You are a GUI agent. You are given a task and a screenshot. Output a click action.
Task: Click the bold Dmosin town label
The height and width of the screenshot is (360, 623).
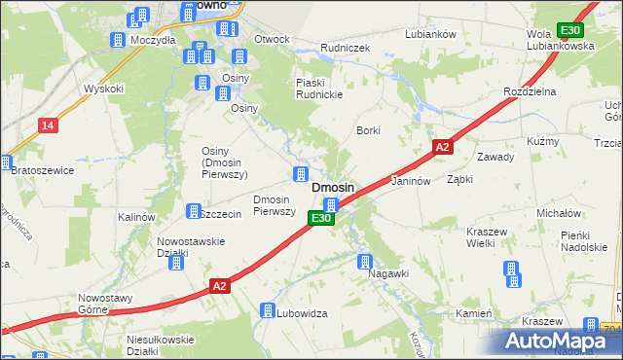point(332,187)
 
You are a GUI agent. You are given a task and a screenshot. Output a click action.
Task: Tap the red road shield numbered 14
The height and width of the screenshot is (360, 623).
point(47,125)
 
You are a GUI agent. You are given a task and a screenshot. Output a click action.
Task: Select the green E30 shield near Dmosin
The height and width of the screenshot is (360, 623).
point(323,220)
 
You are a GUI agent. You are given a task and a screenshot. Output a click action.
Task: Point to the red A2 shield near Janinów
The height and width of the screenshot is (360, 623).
point(442,147)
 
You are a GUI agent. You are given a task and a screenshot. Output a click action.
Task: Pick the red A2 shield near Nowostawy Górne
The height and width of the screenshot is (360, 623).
point(220,286)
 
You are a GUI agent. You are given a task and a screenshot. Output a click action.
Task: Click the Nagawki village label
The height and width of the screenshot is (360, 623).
point(388,274)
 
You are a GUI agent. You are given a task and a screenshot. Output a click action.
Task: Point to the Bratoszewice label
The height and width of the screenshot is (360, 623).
point(43,169)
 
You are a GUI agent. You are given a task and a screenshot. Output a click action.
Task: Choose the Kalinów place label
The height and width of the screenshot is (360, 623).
point(136,217)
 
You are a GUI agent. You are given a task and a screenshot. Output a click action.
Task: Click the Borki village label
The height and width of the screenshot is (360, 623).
point(368,130)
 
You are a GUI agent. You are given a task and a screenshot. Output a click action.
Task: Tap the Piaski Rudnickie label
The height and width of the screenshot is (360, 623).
point(322,88)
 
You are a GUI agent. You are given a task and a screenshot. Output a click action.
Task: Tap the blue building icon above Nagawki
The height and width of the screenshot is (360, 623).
point(365,261)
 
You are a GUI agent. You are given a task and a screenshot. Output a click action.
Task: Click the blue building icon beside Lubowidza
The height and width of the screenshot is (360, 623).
point(268,310)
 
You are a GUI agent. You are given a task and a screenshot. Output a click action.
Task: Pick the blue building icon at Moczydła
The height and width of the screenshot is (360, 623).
point(119,40)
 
